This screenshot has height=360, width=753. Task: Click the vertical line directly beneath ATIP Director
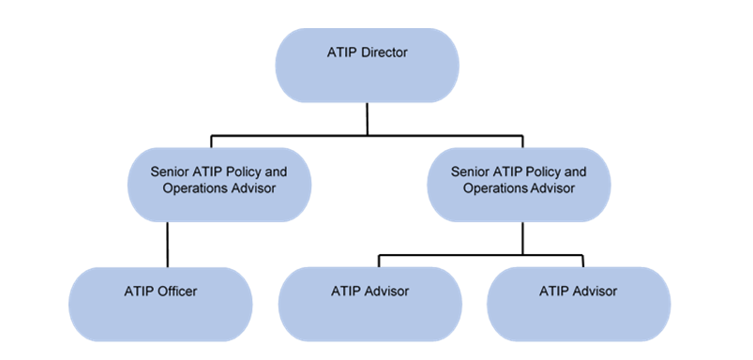click(x=367, y=117)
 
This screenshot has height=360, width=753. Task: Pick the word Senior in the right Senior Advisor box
click(x=470, y=172)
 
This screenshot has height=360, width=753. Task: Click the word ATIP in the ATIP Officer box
click(x=138, y=292)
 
